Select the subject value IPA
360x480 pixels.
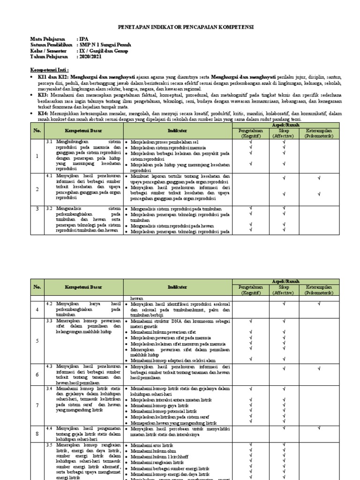pyautogui.click(x=83, y=39)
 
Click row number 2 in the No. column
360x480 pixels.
pyautogui.click(x=37, y=189)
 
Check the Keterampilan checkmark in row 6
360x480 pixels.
pyautogui.click(x=319, y=368)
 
